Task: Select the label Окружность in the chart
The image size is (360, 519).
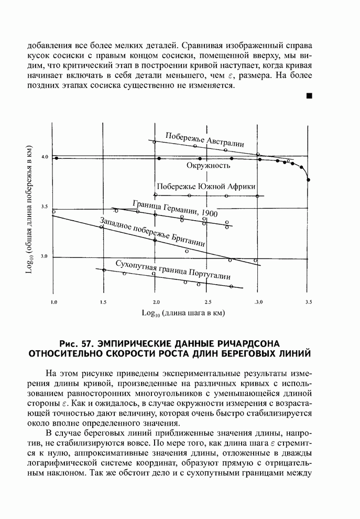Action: pyautogui.click(x=208, y=166)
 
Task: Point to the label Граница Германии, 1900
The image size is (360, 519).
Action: pyautogui.click(x=174, y=208)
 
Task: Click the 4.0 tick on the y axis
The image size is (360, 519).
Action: pyautogui.click(x=45, y=157)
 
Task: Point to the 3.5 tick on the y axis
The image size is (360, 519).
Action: pyautogui.click(x=45, y=207)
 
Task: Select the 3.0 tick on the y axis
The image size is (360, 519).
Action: pyautogui.click(x=45, y=256)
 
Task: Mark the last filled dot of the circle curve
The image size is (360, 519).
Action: pyautogui.click(x=308, y=180)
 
